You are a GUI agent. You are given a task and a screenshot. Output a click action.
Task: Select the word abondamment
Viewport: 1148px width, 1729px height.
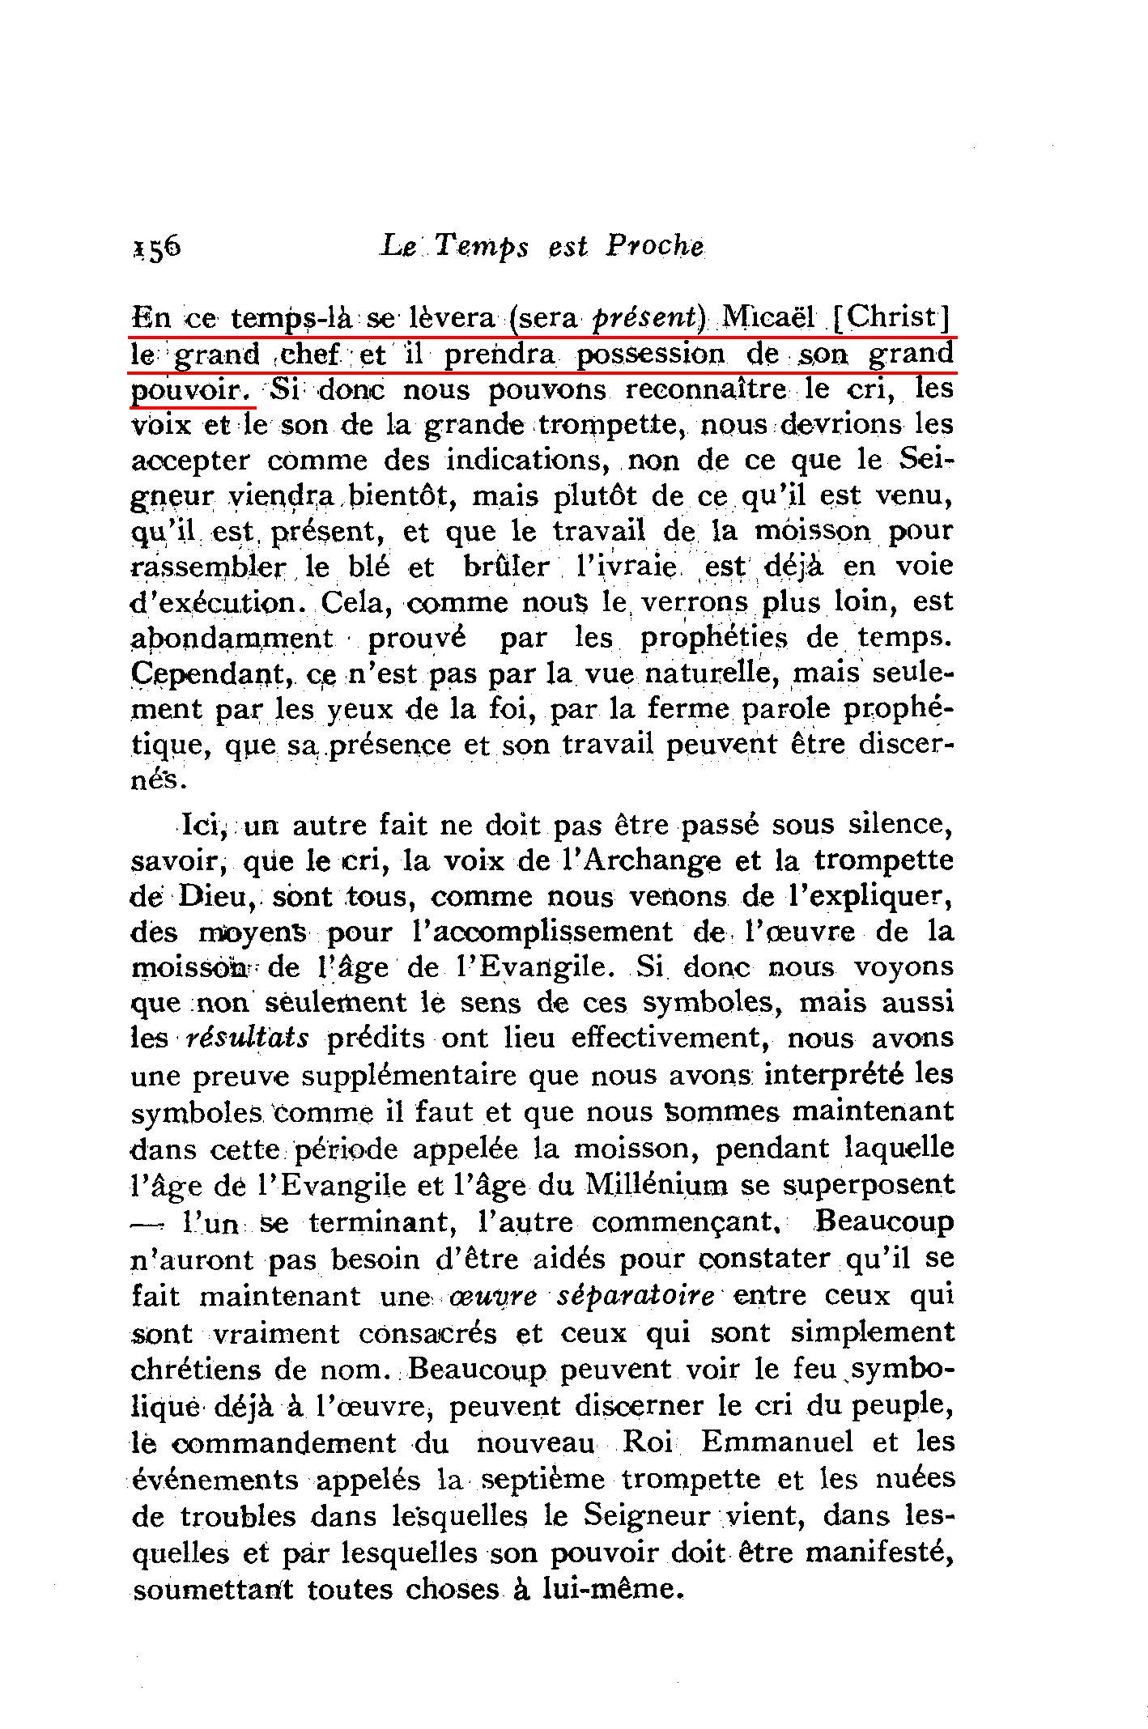coord(232,638)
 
